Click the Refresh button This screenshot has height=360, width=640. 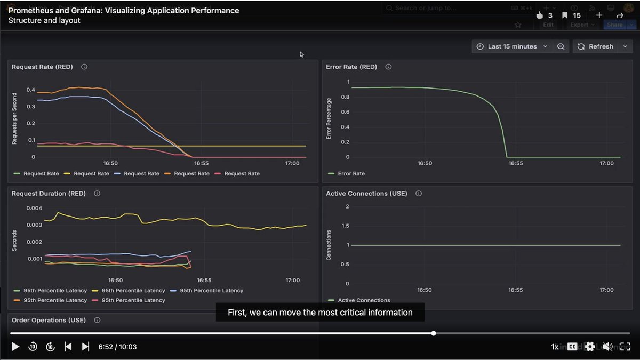click(x=595, y=46)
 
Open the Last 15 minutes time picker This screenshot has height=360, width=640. click(x=511, y=46)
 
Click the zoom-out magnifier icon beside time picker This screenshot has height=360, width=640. click(x=561, y=46)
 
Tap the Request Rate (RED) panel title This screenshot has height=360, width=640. click(x=43, y=67)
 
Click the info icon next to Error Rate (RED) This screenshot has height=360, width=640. click(x=388, y=67)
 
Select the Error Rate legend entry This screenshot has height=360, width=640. click(x=351, y=173)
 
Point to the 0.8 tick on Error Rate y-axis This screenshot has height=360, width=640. click(x=345, y=97)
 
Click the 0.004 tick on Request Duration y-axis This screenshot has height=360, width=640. click(x=34, y=208)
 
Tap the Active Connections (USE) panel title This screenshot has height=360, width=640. click(x=366, y=194)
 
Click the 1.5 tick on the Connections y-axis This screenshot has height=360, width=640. click(x=345, y=226)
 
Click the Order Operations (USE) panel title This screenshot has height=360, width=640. click(x=49, y=320)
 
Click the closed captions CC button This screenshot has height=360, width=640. click(x=572, y=347)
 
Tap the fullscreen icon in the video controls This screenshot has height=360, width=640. click(x=625, y=347)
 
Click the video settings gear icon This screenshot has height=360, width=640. click(x=589, y=347)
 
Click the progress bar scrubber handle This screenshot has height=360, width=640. click(x=434, y=333)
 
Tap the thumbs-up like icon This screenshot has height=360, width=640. click(x=540, y=15)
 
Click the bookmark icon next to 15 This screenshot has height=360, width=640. click(x=565, y=15)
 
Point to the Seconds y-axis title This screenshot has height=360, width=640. click(x=14, y=241)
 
